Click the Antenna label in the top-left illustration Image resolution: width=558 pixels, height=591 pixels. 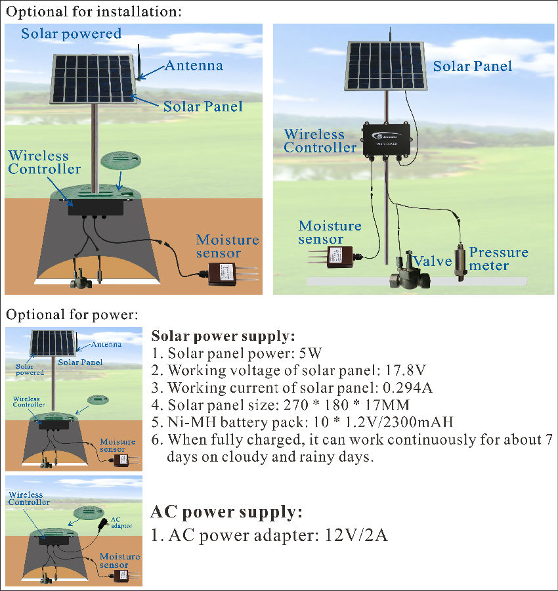point(194,66)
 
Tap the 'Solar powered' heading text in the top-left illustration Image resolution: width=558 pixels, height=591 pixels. point(71,34)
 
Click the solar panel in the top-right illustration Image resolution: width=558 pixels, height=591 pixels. point(385,66)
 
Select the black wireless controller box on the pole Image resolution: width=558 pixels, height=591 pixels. point(387,139)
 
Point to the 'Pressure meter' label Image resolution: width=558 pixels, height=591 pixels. point(498,259)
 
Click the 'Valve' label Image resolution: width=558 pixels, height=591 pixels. point(432,261)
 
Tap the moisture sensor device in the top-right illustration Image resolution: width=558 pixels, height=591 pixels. point(332,257)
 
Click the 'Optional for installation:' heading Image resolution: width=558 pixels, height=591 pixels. point(94,12)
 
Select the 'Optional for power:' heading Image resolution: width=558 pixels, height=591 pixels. point(72,315)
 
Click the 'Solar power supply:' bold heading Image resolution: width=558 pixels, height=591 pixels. point(223,336)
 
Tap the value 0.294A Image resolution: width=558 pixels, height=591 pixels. point(408,387)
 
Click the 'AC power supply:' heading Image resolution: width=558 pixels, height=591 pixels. point(226,512)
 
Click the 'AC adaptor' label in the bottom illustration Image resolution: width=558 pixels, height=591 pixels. point(121,523)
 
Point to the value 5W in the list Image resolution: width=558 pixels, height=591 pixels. point(311,353)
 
